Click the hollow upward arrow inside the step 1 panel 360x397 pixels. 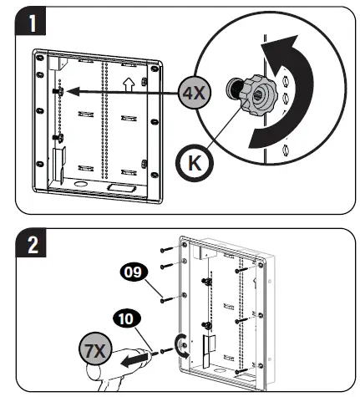[x=128, y=85]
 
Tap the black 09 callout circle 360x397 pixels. [x=129, y=272]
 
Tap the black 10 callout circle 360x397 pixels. [x=123, y=318]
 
